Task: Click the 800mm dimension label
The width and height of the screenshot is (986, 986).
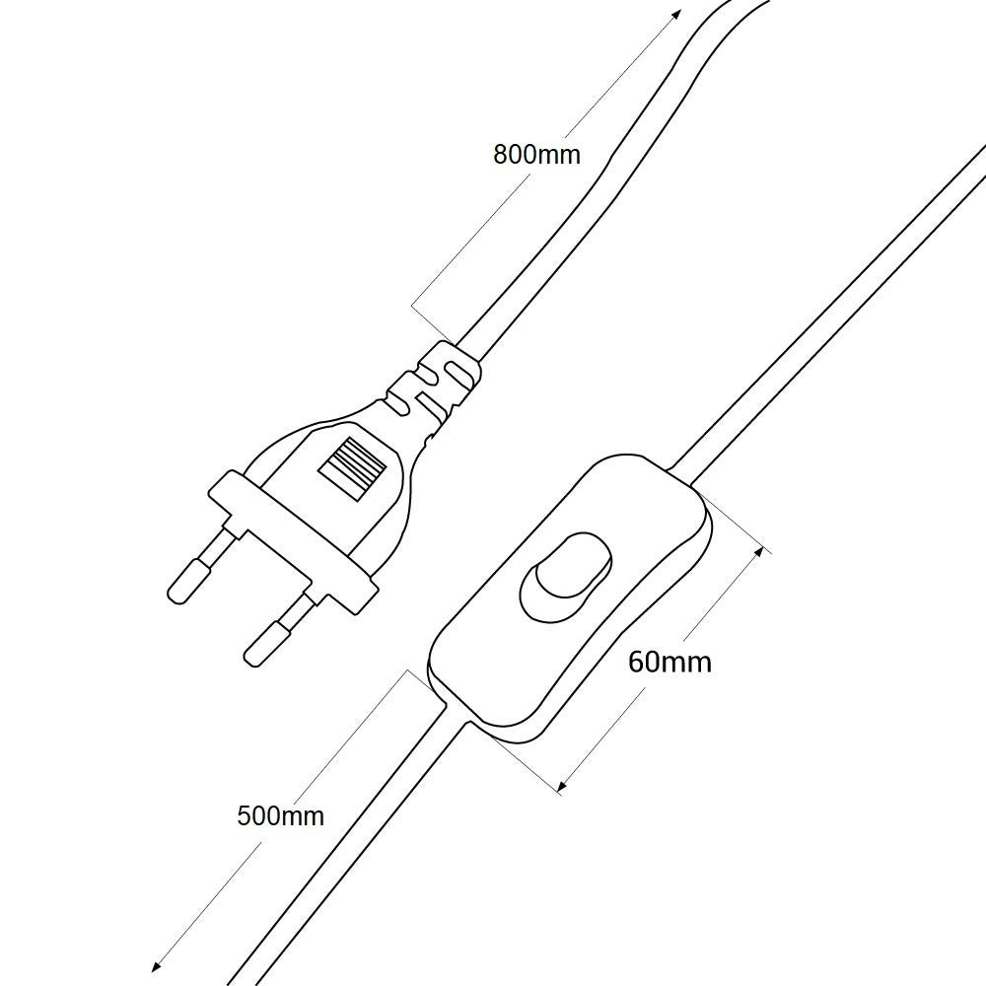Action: [x=536, y=154]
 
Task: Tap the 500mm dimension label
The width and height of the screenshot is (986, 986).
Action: [x=280, y=815]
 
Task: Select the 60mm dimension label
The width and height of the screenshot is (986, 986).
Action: [x=669, y=662]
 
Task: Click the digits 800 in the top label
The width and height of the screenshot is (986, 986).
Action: [x=515, y=154]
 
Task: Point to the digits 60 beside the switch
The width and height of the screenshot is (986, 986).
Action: [x=643, y=662]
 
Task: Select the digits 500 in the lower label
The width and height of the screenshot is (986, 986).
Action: [x=258, y=815]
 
